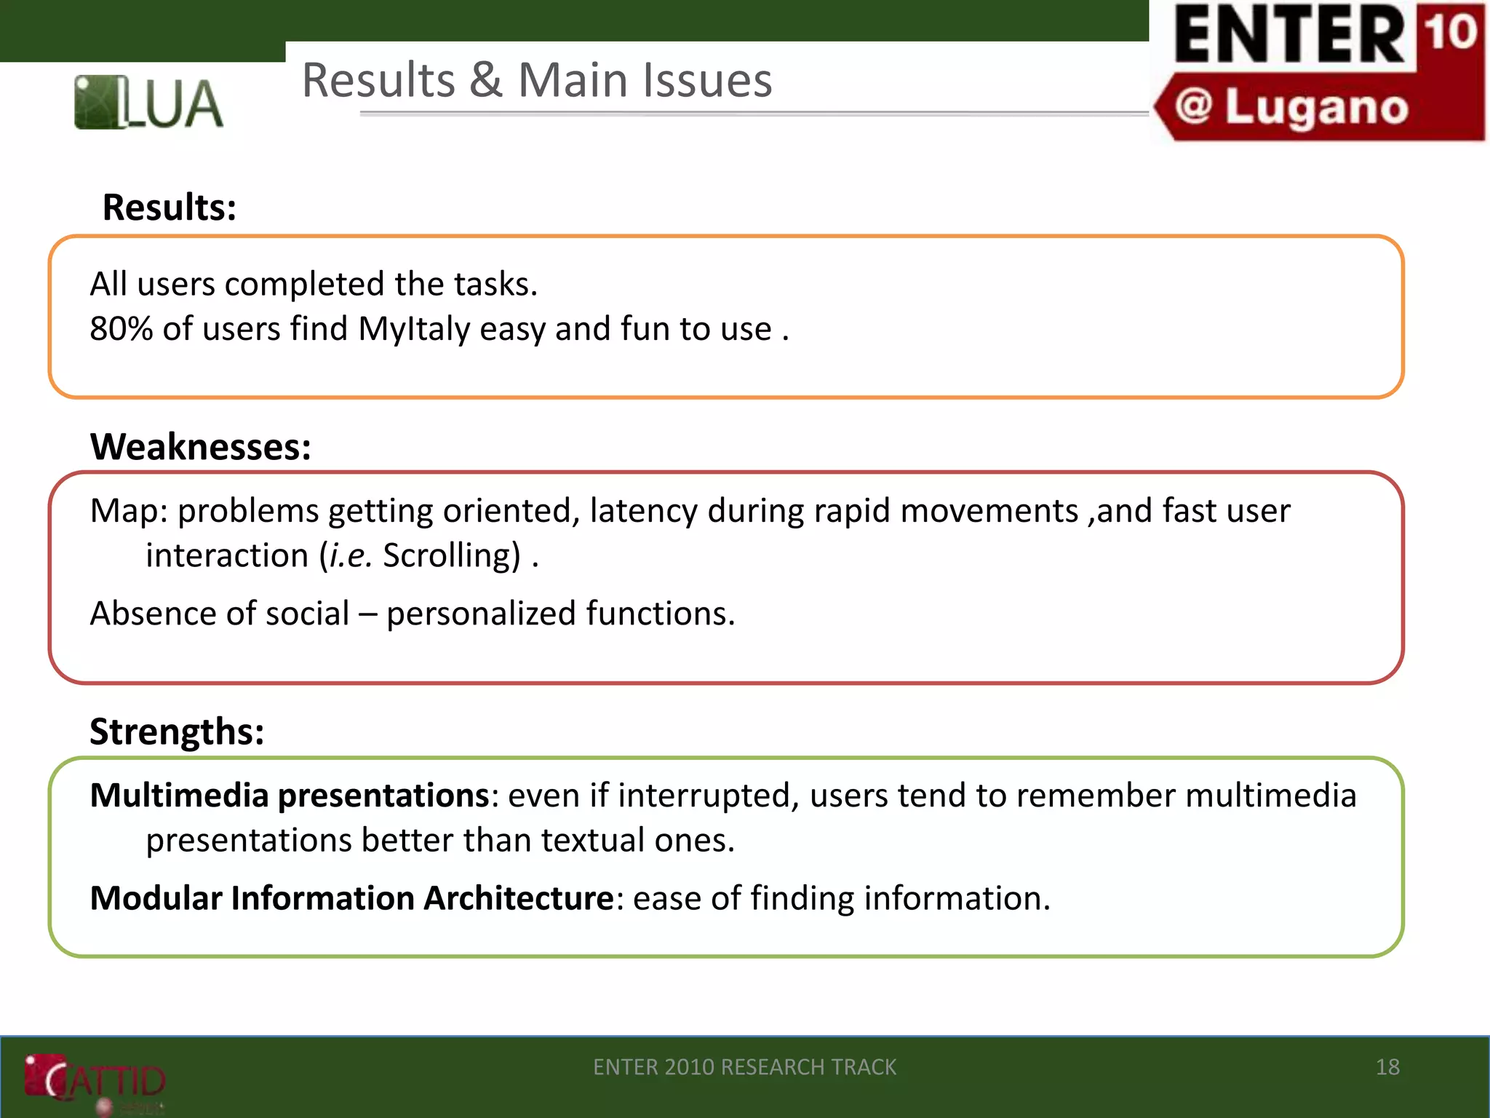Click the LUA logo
148,103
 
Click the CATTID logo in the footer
95,1080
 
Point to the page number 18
1387,1067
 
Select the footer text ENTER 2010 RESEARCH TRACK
744,1067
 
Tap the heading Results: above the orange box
170,207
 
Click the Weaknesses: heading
201,446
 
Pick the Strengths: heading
177,731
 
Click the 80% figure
121,329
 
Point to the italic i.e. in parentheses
351,556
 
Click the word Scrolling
452,556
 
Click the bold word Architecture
519,898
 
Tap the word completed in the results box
304,284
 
